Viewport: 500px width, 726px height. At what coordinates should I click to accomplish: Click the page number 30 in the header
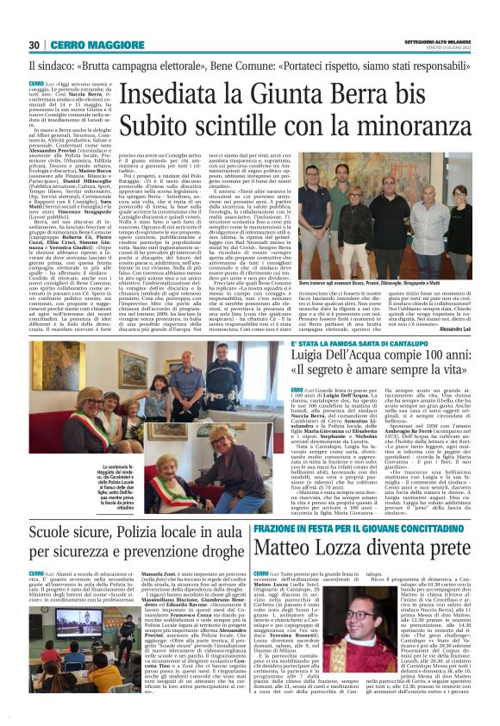34,45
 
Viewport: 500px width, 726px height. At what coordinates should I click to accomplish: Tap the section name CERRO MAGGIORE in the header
81,45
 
